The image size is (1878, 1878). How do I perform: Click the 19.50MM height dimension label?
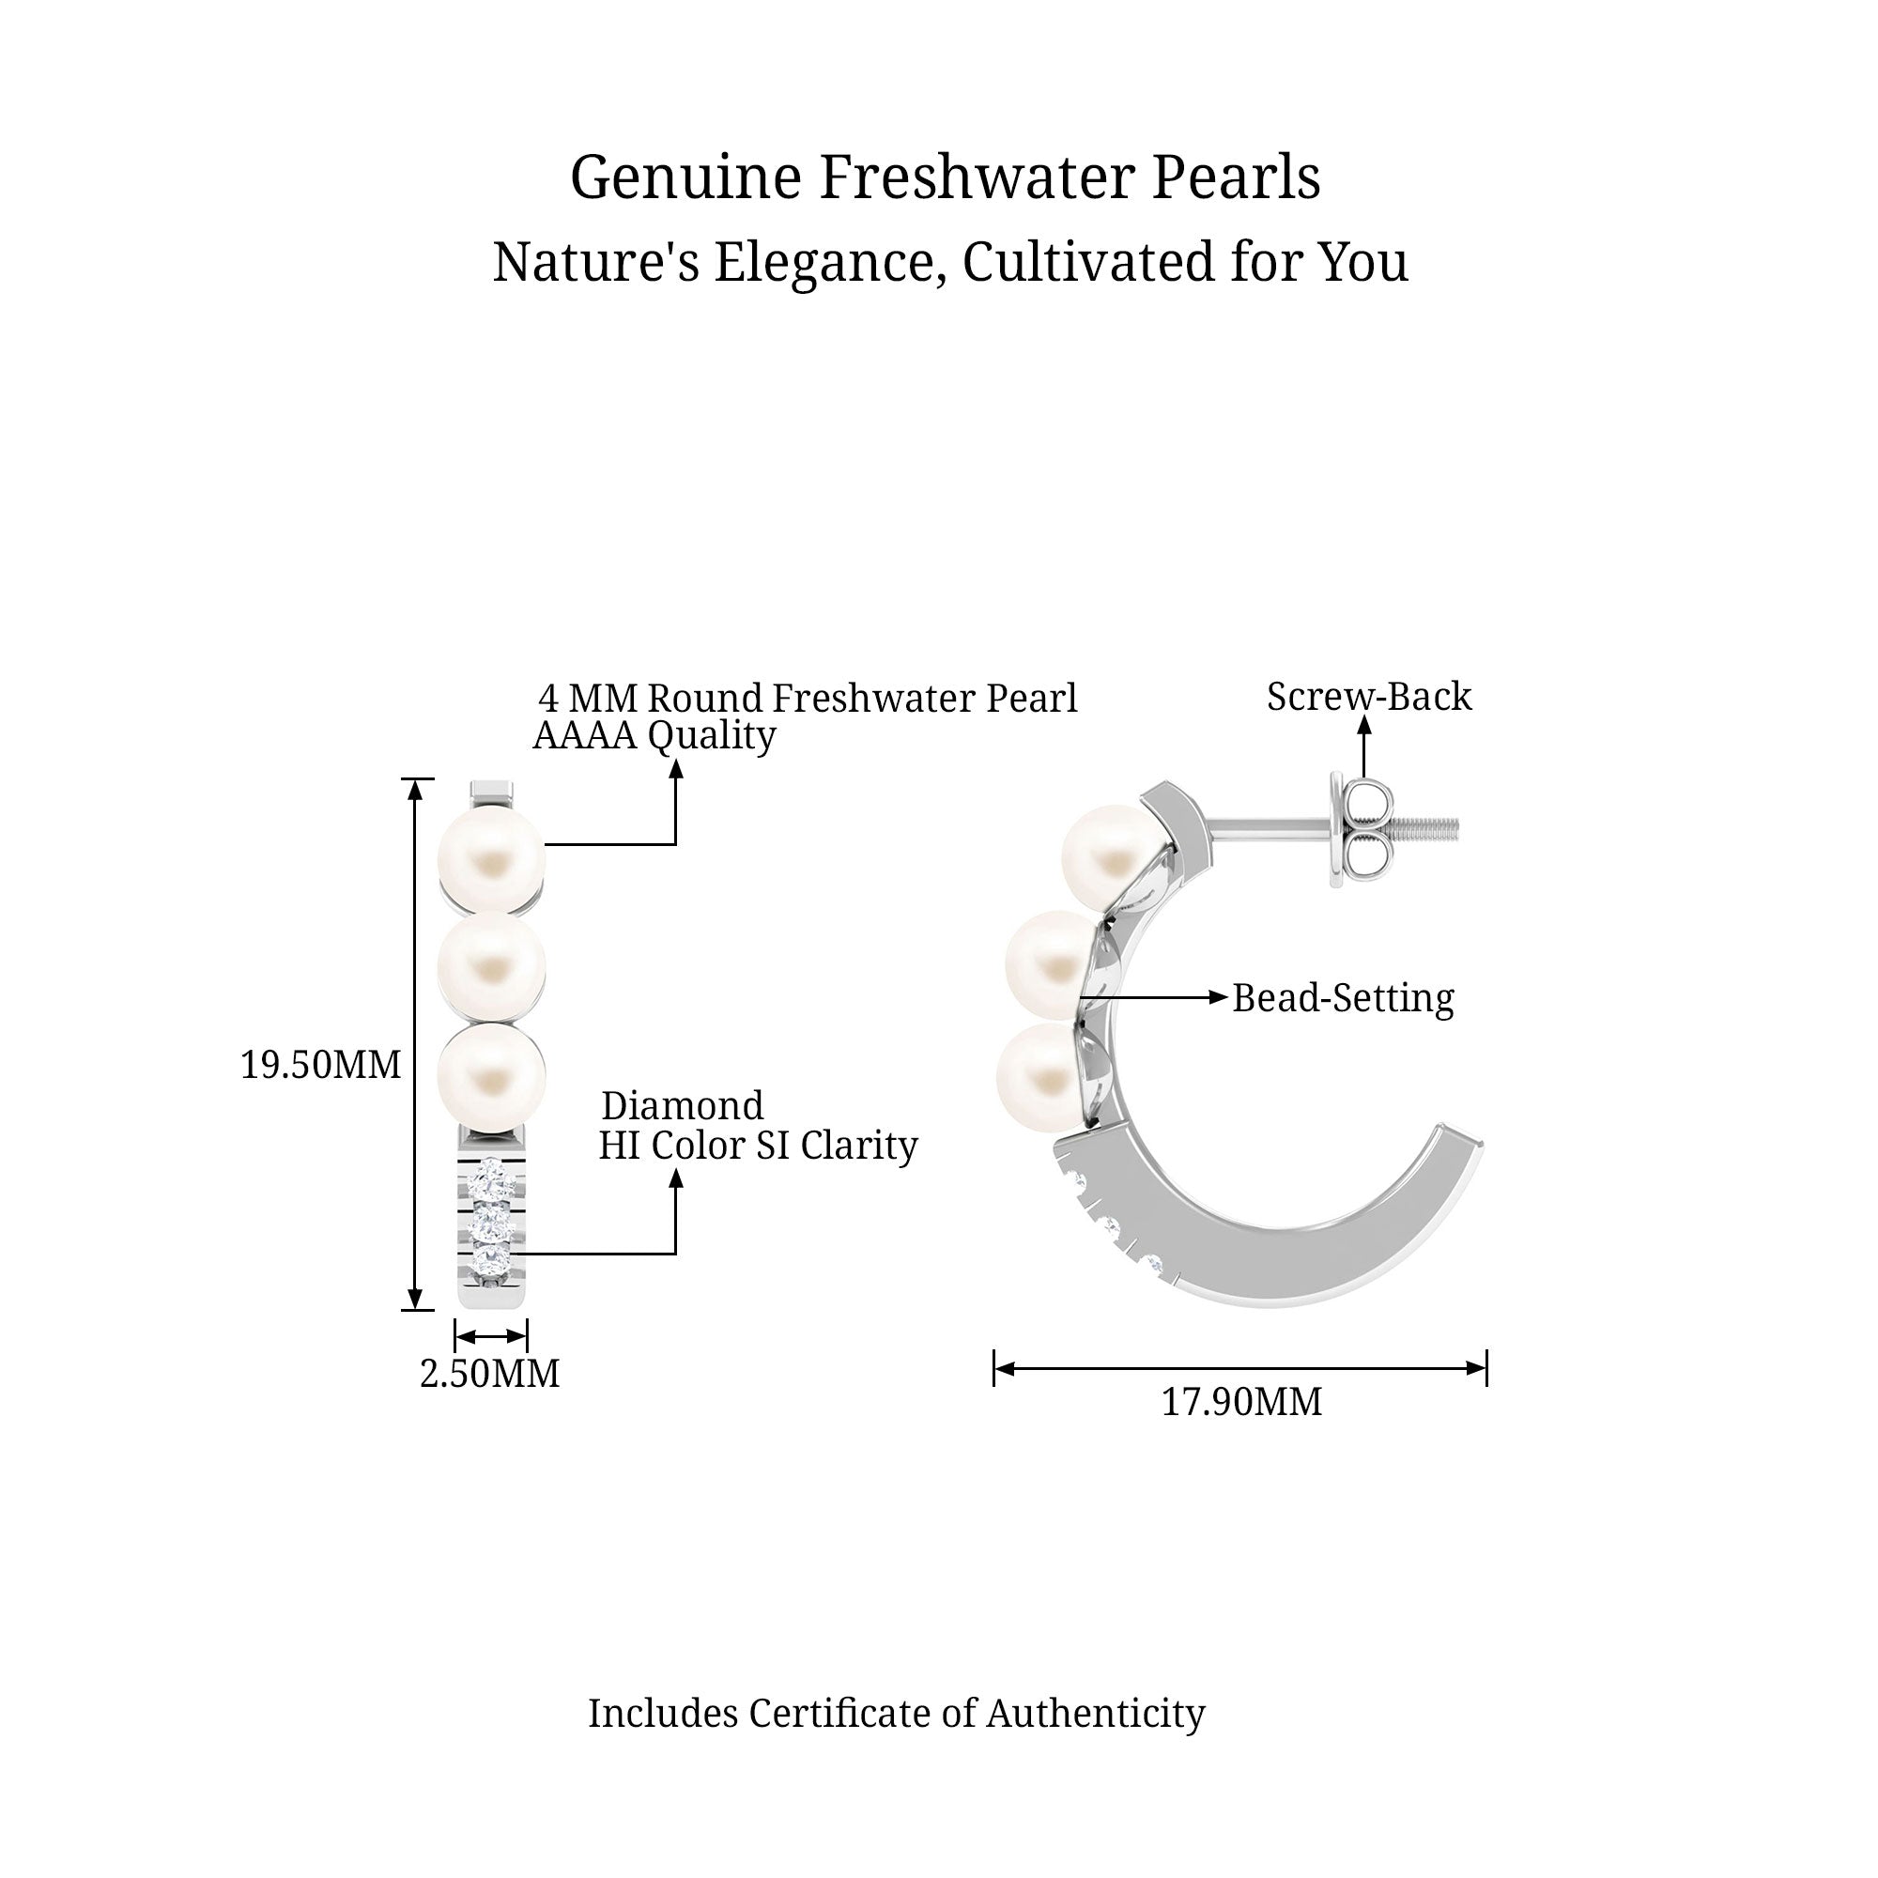click(320, 1066)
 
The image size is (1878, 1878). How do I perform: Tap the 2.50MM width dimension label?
click(489, 1374)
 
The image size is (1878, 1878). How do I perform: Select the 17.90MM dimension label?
click(1241, 1402)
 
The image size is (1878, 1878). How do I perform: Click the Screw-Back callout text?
click(1369, 696)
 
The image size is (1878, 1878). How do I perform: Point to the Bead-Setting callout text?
click(1343, 998)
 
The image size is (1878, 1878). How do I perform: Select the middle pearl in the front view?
click(491, 966)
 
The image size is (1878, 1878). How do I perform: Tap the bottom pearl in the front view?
click(491, 1075)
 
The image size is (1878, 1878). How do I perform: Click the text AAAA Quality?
click(654, 736)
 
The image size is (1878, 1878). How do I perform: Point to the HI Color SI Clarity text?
click(757, 1145)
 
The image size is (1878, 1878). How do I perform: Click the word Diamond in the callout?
click(683, 1106)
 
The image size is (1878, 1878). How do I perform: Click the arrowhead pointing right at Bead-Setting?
click(1217, 996)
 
